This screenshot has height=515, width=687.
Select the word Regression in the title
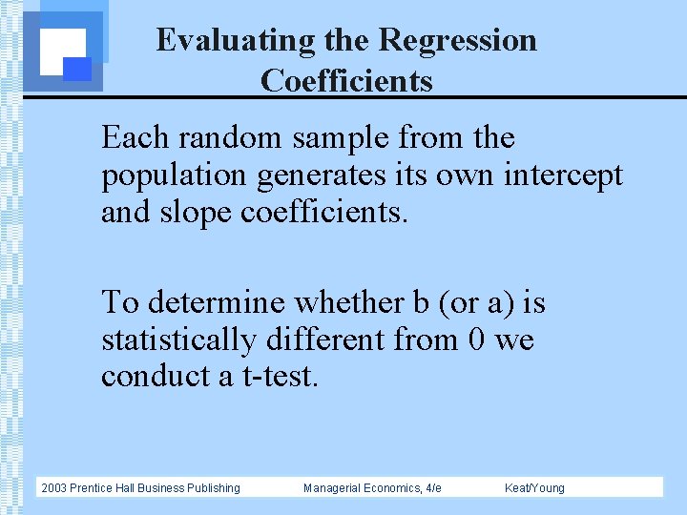coord(457,40)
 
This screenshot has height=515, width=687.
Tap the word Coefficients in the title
coord(346,81)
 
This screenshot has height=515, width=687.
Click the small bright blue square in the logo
coord(77,69)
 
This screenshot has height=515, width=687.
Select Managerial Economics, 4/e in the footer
coord(372,488)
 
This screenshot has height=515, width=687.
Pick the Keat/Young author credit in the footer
coord(534,488)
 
